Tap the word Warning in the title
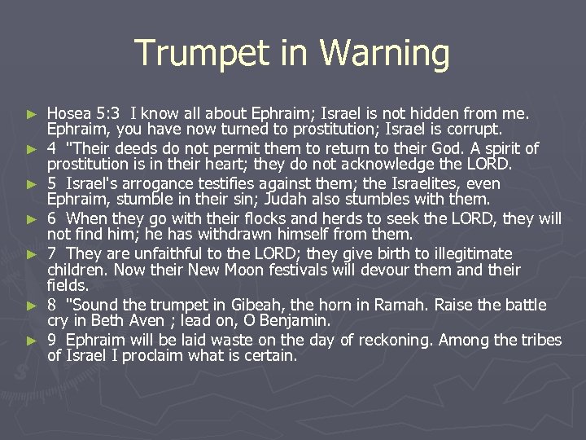[x=385, y=54]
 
